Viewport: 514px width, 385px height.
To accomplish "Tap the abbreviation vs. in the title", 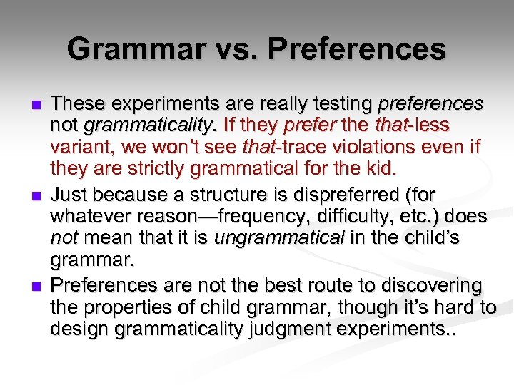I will point(222,49).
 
